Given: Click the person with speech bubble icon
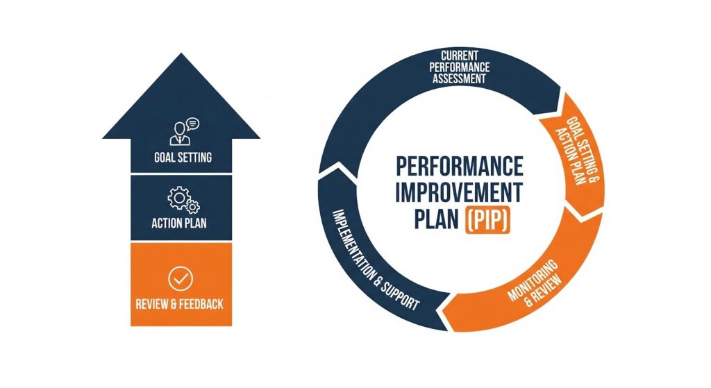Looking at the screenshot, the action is (x=183, y=131).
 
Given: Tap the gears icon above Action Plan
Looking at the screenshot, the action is (x=183, y=199).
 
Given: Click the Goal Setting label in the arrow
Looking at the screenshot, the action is (x=183, y=158).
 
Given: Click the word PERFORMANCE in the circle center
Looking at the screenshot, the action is (x=459, y=167).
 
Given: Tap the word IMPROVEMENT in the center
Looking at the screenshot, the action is (x=459, y=191).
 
